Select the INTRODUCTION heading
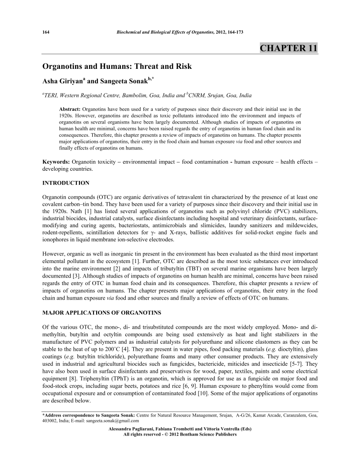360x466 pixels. tap(66, 183)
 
